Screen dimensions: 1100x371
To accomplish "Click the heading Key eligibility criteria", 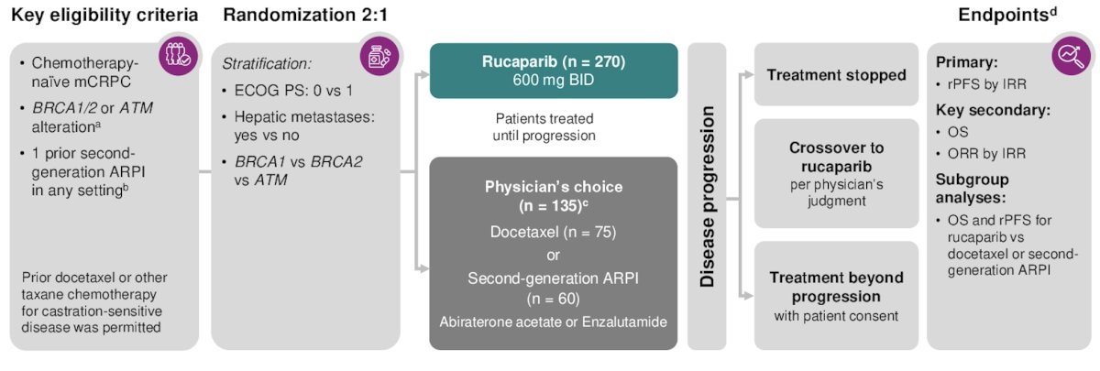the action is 104,16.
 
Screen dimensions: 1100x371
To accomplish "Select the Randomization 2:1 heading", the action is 305,16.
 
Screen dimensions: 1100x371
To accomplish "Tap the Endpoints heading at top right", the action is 1007,15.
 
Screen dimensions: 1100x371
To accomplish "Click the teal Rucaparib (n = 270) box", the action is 554,71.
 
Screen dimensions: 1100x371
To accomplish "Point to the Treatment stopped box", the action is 836,74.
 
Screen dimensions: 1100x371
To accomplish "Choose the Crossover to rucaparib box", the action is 836,173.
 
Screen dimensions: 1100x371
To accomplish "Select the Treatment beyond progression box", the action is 836,295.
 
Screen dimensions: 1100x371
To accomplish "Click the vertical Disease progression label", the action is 707,196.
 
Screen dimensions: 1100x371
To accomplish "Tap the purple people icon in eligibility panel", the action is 178,56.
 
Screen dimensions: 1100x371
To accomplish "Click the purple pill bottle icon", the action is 379,56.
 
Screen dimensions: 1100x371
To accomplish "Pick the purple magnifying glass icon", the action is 1071,56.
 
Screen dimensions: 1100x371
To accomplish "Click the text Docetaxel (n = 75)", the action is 553,232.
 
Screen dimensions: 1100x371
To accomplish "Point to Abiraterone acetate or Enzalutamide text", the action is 554,322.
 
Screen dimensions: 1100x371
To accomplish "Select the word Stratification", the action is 267,64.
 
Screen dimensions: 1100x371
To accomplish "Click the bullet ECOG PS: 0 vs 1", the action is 288,91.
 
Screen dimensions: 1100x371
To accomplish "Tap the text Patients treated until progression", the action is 544,126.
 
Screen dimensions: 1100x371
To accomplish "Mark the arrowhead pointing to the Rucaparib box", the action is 424,74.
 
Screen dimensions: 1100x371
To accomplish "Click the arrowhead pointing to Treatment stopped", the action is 748,74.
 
